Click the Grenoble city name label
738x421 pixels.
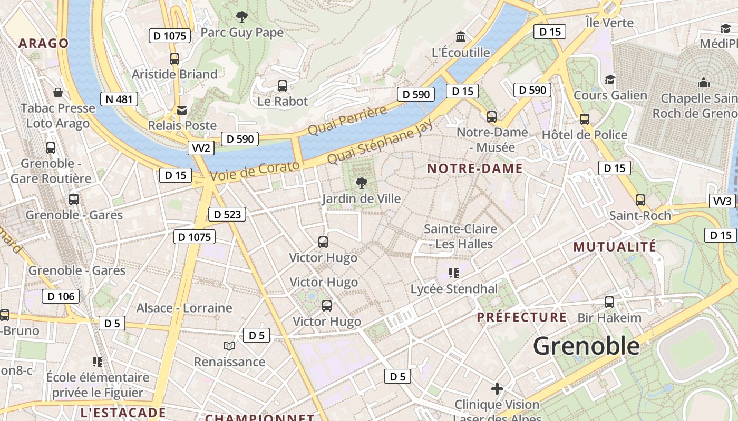click(586, 346)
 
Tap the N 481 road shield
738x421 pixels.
click(119, 99)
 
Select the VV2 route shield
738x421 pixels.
click(201, 148)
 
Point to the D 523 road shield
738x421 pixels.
click(227, 214)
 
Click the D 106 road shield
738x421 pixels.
click(61, 296)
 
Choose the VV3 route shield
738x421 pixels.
click(722, 201)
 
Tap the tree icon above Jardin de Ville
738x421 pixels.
click(361, 183)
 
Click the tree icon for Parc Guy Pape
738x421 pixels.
click(242, 17)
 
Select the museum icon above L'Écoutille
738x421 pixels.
click(461, 37)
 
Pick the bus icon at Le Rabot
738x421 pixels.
click(283, 85)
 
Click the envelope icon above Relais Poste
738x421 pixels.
click(182, 110)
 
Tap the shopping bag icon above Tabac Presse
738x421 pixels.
click(58, 93)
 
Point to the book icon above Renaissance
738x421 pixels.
click(229, 346)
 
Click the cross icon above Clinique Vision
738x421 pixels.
click(497, 389)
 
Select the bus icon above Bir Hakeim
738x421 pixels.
click(609, 302)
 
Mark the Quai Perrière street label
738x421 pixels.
click(347, 121)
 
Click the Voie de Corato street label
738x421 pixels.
click(255, 172)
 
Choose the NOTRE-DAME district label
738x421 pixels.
click(474, 169)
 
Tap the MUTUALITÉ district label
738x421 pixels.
click(615, 247)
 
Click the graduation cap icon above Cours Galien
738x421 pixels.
click(610, 79)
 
